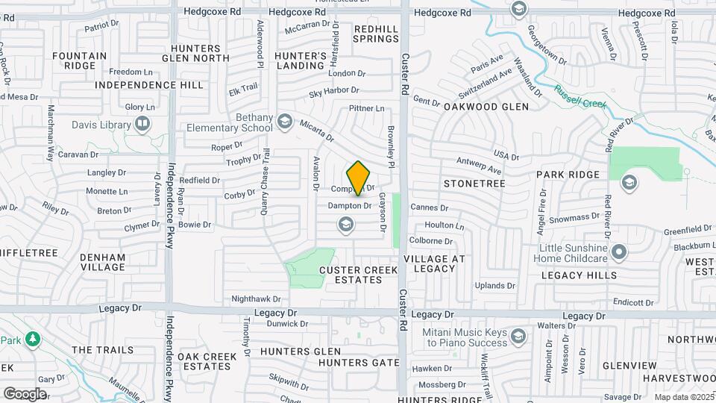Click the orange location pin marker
click(x=359, y=178)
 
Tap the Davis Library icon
click(x=142, y=125)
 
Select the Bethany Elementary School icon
click(x=284, y=121)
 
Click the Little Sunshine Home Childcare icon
click(x=618, y=253)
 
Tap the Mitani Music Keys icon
click(x=517, y=340)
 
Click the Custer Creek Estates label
click(x=351, y=274)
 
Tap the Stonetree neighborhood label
click(x=474, y=183)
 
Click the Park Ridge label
click(x=568, y=175)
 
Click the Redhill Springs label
click(x=376, y=34)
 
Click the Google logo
click(x=24, y=394)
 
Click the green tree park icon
click(x=31, y=340)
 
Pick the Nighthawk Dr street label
click(x=256, y=299)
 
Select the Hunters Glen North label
click(x=195, y=52)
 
